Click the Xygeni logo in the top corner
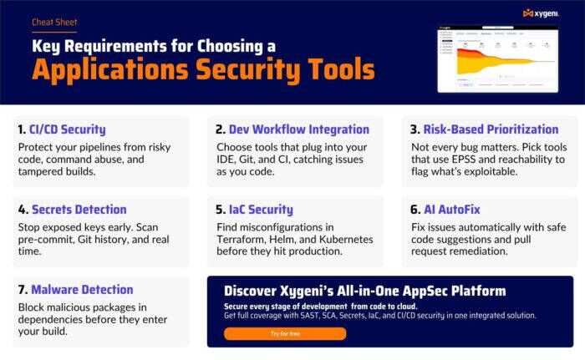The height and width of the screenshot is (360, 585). [x=540, y=13]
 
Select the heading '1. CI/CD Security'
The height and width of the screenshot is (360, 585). [x=62, y=129]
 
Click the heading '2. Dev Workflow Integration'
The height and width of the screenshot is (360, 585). [x=292, y=129]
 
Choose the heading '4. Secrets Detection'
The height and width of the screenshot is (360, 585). [x=72, y=210]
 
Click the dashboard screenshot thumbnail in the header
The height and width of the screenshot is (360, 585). [x=498, y=58]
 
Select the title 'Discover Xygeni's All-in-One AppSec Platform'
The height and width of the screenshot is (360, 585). [x=364, y=291]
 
